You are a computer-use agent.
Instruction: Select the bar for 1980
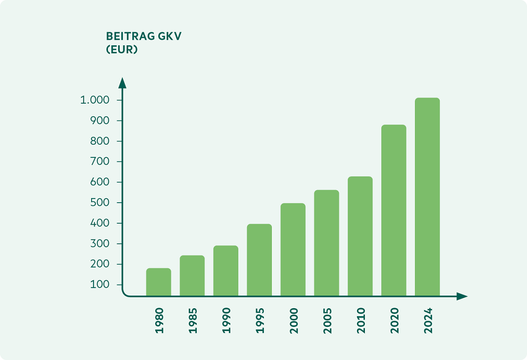tap(158, 282)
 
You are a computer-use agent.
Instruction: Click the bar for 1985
tap(192, 275)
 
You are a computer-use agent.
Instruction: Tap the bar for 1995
tap(259, 260)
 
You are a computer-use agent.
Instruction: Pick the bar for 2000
tap(293, 249)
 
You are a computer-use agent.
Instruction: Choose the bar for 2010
tap(360, 236)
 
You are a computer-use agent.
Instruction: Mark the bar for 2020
tap(393, 210)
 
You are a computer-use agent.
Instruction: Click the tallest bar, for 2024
tap(427, 197)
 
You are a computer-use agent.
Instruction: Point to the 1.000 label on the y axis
tap(94, 100)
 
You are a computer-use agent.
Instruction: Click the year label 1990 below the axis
tap(227, 320)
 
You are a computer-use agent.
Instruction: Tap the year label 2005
tap(327, 320)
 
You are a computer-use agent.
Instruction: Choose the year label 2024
tap(428, 320)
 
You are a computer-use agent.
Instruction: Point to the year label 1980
tap(159, 320)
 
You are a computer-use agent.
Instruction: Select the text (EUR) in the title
tap(122, 49)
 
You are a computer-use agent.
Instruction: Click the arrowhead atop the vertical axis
tap(122, 83)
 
